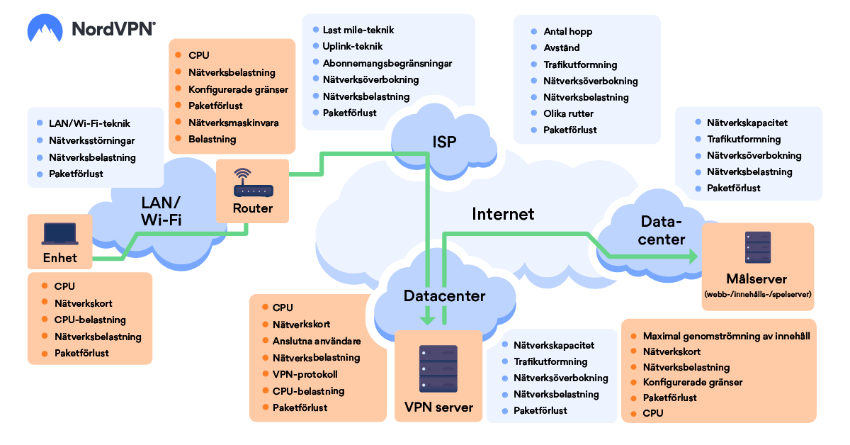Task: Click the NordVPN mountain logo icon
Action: [x=45, y=28]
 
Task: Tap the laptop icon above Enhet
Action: [x=60, y=234]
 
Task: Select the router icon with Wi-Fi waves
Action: [x=253, y=183]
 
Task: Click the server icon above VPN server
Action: [x=438, y=368]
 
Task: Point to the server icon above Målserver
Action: [x=758, y=247]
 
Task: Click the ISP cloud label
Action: [x=444, y=142]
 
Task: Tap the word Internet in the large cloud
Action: [x=503, y=214]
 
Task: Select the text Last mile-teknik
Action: [x=358, y=30]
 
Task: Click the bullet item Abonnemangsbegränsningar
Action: [x=387, y=63]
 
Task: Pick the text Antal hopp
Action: [x=567, y=31]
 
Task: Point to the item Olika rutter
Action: [x=568, y=113]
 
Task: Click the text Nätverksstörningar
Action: [x=92, y=140]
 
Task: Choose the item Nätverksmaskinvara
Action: [x=233, y=123]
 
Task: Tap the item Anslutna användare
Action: [x=317, y=341]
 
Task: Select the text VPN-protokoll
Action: [x=305, y=374]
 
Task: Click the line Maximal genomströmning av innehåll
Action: [x=726, y=336]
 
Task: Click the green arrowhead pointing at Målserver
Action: [x=693, y=257]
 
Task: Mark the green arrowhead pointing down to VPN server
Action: [x=427, y=320]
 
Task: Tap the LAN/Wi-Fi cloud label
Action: [x=161, y=211]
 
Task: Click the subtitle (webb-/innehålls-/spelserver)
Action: [x=758, y=294]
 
